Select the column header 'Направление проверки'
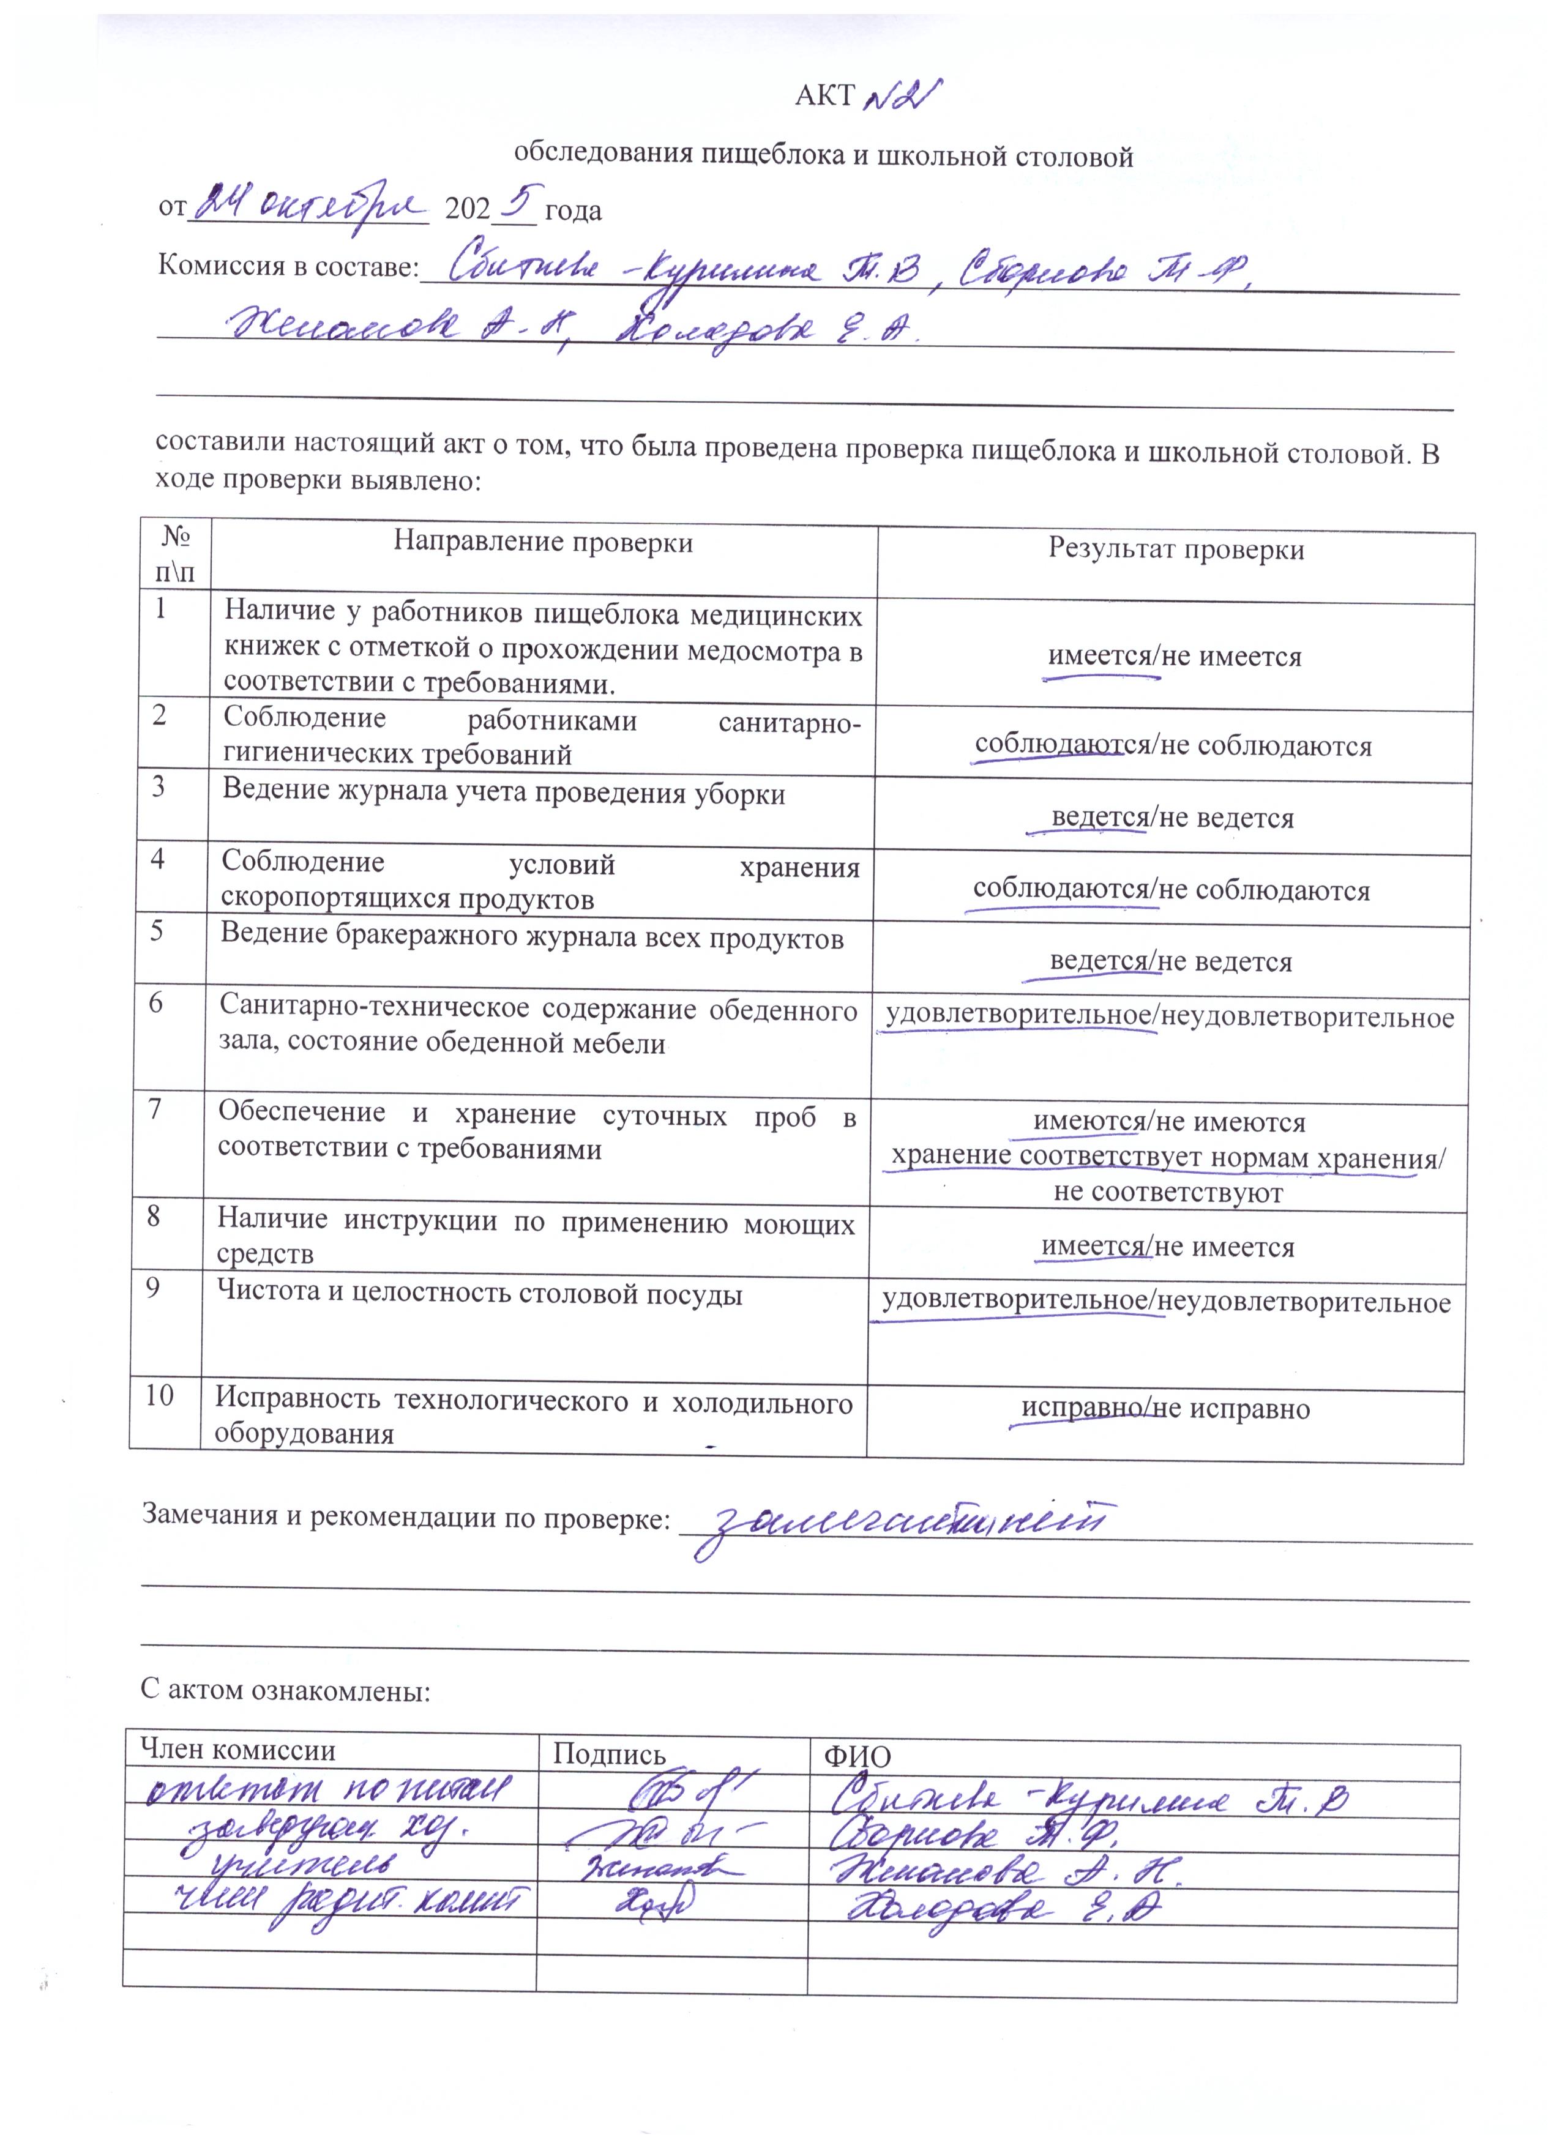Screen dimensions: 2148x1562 pyautogui.click(x=543, y=543)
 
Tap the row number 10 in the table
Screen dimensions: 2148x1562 pyautogui.click(x=160, y=1395)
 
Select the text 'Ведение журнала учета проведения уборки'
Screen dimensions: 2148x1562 pyautogui.click(x=503, y=792)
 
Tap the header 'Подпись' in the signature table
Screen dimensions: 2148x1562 pyautogui.click(x=609, y=1754)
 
